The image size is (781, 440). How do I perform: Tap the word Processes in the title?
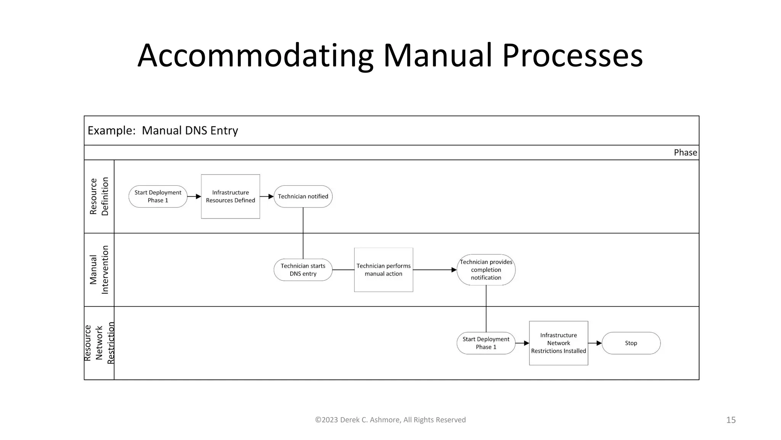[572, 56]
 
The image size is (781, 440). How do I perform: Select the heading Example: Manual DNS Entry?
[163, 131]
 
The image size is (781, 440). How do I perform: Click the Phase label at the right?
[685, 153]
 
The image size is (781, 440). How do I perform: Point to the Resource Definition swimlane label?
[99, 196]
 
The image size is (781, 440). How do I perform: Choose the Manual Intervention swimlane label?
[99, 270]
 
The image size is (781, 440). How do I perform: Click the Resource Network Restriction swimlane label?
[99, 343]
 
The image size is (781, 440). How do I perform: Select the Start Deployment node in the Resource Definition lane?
[158, 197]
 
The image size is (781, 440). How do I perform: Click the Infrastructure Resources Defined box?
[230, 197]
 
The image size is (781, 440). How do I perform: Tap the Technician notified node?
[303, 197]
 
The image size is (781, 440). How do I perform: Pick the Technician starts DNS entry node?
[303, 270]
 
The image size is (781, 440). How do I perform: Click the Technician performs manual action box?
[383, 270]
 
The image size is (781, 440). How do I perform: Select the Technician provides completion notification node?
[486, 270]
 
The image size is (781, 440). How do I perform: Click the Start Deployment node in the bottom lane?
[486, 343]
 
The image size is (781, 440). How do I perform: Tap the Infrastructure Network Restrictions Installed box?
[558, 343]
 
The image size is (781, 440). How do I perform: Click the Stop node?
[631, 343]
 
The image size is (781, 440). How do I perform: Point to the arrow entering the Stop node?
[595, 343]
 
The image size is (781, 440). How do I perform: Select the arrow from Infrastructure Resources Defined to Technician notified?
[267, 197]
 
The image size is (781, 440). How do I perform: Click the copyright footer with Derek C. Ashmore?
[390, 420]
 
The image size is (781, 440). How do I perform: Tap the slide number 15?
[731, 420]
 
